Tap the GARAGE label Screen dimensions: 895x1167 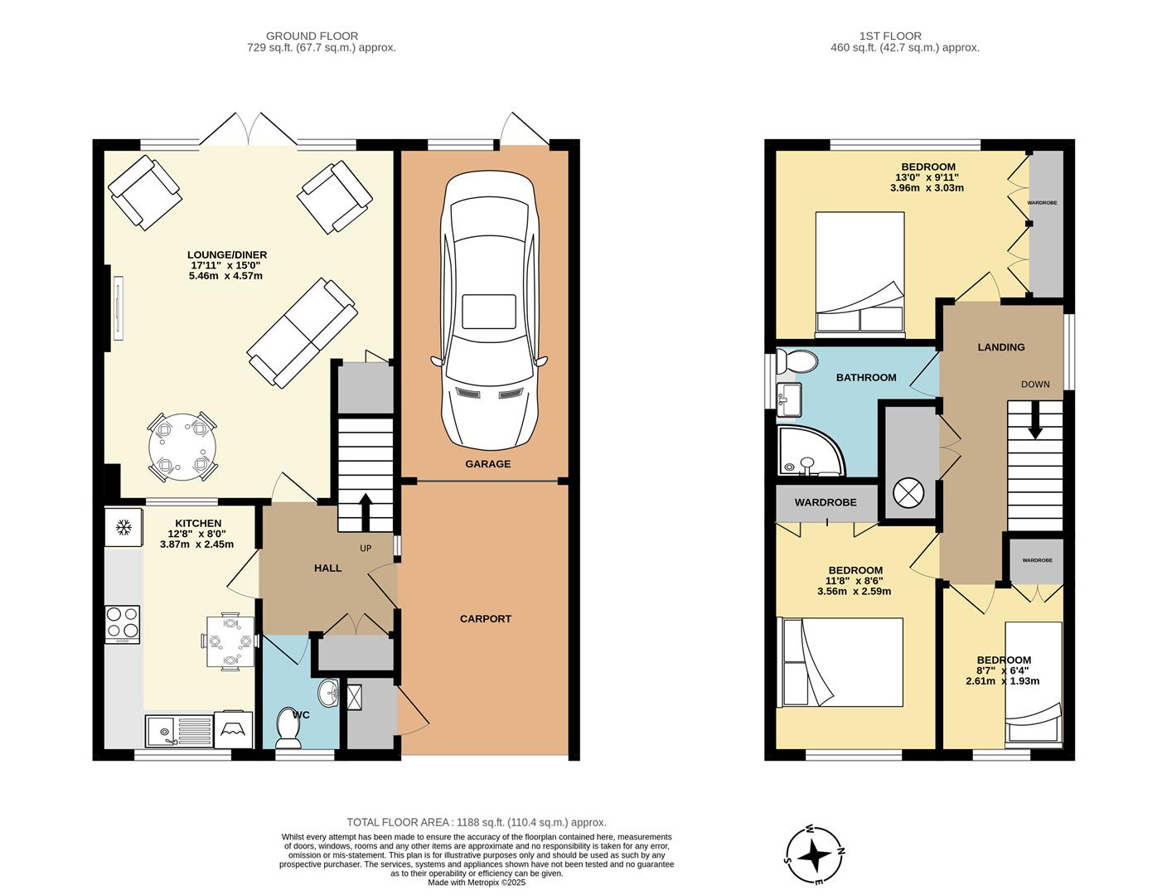487,464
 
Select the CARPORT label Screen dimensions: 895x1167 486,618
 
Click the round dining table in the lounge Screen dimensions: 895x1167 182,447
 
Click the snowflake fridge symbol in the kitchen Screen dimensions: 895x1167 123,527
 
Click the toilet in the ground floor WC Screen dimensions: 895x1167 288,726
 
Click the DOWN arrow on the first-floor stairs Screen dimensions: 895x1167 1034,423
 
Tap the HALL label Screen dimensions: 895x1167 328,568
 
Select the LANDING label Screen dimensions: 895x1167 1001,347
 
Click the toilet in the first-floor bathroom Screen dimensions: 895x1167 797,361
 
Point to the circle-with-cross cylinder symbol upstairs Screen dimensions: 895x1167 908,493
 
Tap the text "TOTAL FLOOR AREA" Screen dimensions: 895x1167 398,822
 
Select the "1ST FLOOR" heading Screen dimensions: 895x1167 890,36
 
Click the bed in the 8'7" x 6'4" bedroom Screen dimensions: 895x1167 1033,681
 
